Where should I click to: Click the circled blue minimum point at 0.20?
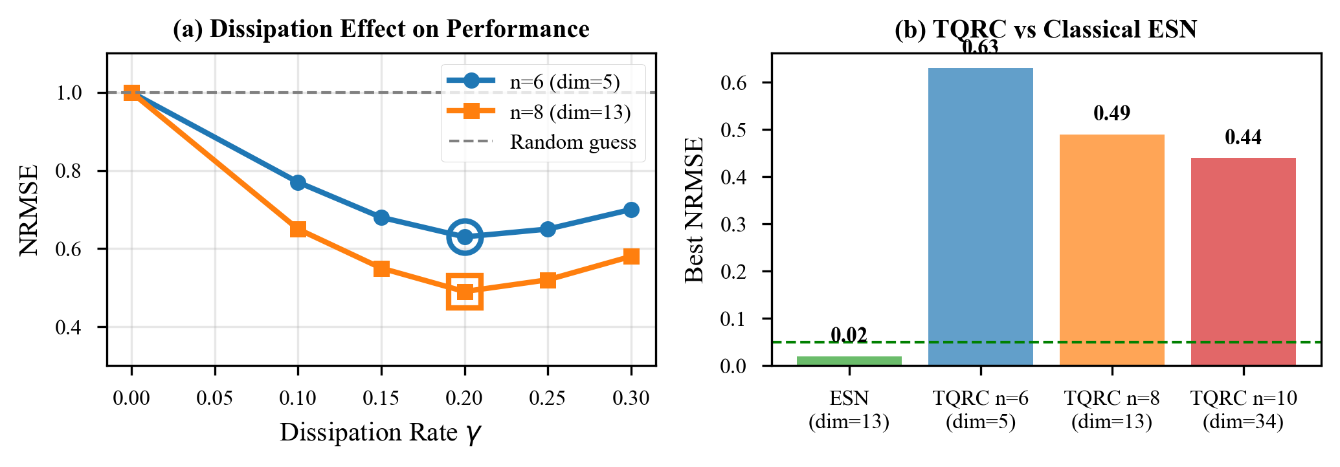[464, 237]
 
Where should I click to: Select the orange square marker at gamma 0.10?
[298, 229]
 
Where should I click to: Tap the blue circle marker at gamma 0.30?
[631, 210]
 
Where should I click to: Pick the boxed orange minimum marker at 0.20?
[464, 292]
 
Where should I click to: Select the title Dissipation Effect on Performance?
[381, 30]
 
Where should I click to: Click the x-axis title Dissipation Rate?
[381, 433]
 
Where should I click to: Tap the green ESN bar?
[849, 361]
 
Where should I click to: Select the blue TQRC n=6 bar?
[980, 217]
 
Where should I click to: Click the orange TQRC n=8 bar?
[1111, 250]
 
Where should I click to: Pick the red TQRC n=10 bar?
[1243, 262]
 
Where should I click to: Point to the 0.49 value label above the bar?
[1111, 114]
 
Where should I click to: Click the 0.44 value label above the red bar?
[1243, 138]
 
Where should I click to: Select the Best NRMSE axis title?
[694, 210]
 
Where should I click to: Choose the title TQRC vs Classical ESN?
[1045, 30]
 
